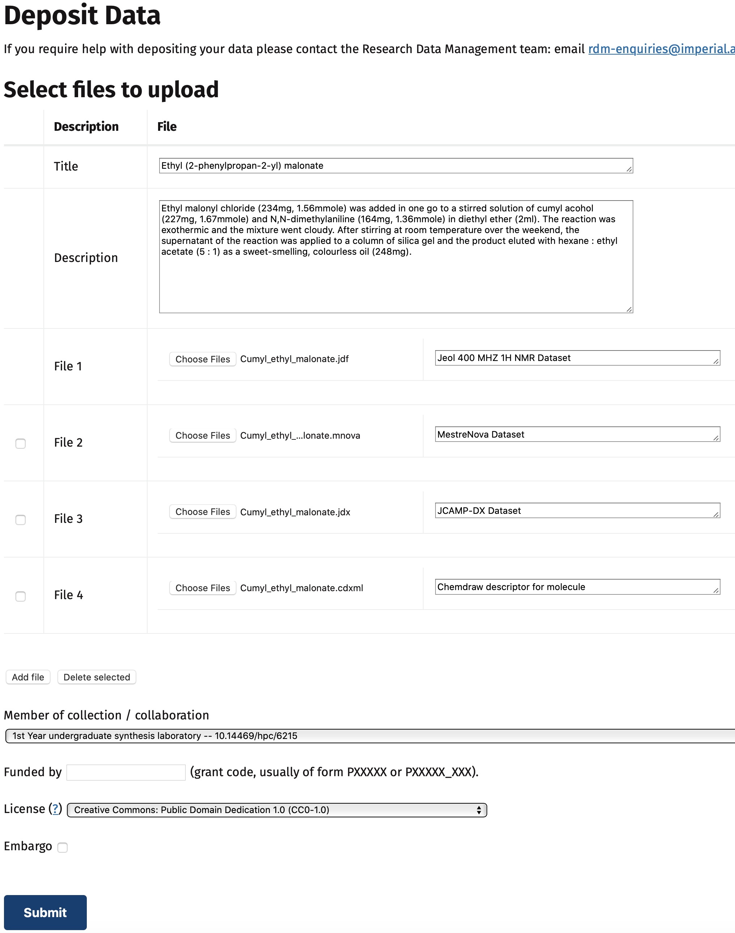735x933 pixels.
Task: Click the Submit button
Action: point(45,912)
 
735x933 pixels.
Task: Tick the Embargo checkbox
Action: point(63,847)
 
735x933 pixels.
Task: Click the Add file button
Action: point(28,677)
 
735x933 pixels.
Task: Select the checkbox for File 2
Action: point(21,443)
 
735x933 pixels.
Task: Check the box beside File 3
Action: point(21,519)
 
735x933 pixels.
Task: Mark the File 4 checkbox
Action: point(21,596)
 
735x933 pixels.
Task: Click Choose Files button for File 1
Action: point(203,359)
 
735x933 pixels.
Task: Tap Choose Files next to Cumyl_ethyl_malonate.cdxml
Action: point(203,588)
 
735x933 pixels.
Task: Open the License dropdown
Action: point(277,810)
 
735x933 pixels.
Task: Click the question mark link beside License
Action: point(55,809)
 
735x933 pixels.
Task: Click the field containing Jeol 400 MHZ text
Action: point(577,358)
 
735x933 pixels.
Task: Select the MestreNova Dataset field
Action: point(577,434)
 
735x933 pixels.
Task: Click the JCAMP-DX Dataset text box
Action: point(577,510)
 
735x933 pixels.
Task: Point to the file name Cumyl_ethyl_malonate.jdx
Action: point(295,512)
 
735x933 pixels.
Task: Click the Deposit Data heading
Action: point(82,16)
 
